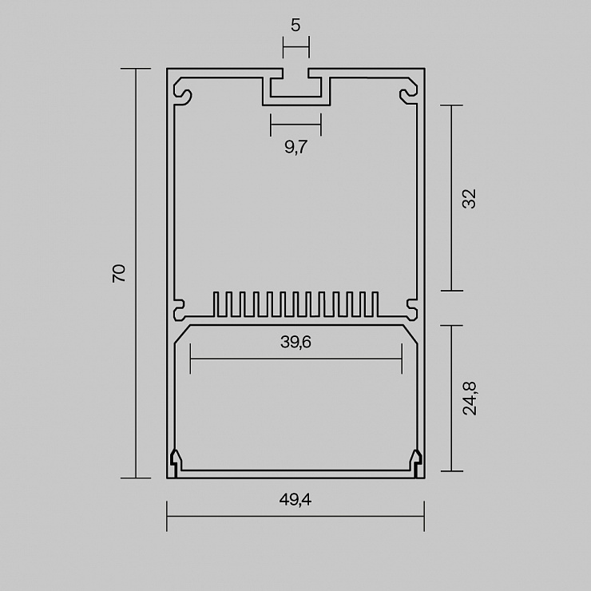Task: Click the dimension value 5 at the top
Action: point(295,26)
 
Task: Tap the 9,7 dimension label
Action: point(295,147)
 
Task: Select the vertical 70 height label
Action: point(119,273)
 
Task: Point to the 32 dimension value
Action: point(470,198)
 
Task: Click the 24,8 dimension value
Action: point(470,399)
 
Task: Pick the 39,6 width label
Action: point(295,343)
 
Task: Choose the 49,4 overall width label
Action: point(295,500)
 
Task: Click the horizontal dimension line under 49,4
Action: point(295,516)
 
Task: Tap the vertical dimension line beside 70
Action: point(136,273)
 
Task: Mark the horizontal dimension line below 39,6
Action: point(296,359)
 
